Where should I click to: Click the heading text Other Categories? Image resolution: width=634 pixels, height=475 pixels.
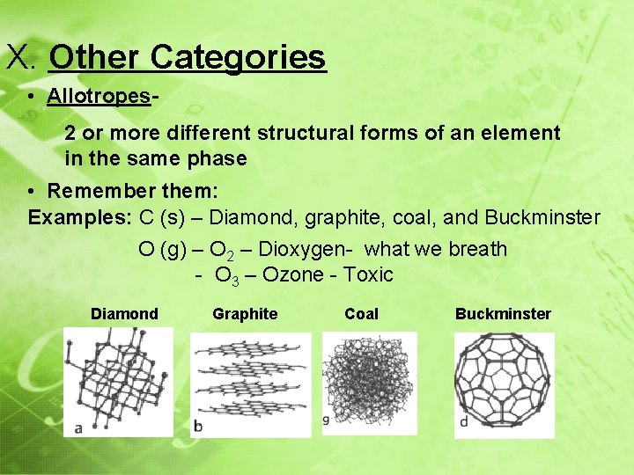[x=188, y=58]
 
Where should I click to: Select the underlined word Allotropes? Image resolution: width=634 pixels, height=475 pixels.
[x=99, y=96]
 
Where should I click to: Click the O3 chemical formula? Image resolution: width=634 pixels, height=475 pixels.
[x=226, y=275]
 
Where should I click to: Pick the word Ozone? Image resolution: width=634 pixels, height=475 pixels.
[x=293, y=274]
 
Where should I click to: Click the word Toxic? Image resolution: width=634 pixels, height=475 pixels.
[x=368, y=274]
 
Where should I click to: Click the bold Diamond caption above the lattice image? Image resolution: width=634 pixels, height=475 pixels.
[x=124, y=314]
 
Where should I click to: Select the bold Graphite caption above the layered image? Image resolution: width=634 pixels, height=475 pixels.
[x=245, y=314]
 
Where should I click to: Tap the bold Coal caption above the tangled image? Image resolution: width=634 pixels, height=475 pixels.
[x=361, y=314]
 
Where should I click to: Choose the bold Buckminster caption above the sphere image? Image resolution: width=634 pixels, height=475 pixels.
[x=503, y=314]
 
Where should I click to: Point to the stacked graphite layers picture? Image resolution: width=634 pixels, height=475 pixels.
[x=250, y=384]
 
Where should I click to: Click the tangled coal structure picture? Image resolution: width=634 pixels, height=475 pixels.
[x=369, y=383]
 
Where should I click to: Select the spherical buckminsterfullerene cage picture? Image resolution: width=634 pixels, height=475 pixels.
[x=503, y=384]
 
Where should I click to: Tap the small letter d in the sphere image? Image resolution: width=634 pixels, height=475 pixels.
[x=463, y=422]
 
